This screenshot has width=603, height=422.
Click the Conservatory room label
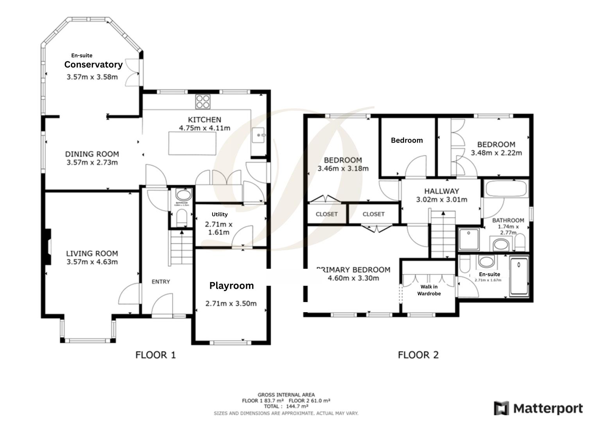coord(93,64)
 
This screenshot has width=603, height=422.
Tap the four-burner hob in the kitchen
coord(203,102)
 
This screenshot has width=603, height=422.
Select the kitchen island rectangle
coord(192,143)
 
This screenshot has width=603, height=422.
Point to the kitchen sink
coord(258,136)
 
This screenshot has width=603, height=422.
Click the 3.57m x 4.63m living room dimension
coord(92,262)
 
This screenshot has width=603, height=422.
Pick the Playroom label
coord(231,286)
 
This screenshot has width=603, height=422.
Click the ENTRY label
coord(161,281)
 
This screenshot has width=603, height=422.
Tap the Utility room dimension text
coord(219,228)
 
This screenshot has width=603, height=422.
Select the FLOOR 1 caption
coord(156,355)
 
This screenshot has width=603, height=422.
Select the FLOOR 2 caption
coord(418,355)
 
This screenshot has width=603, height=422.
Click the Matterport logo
coord(538,409)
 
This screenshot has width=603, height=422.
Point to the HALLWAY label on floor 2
coord(442,191)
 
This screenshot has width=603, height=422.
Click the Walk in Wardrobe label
coord(429,290)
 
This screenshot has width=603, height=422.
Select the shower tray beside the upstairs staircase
coord(469,239)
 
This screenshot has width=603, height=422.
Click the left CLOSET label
coord(326,214)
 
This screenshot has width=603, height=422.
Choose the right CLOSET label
coord(373,214)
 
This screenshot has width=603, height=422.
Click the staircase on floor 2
coord(443,234)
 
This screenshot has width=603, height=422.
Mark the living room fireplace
coord(47,247)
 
